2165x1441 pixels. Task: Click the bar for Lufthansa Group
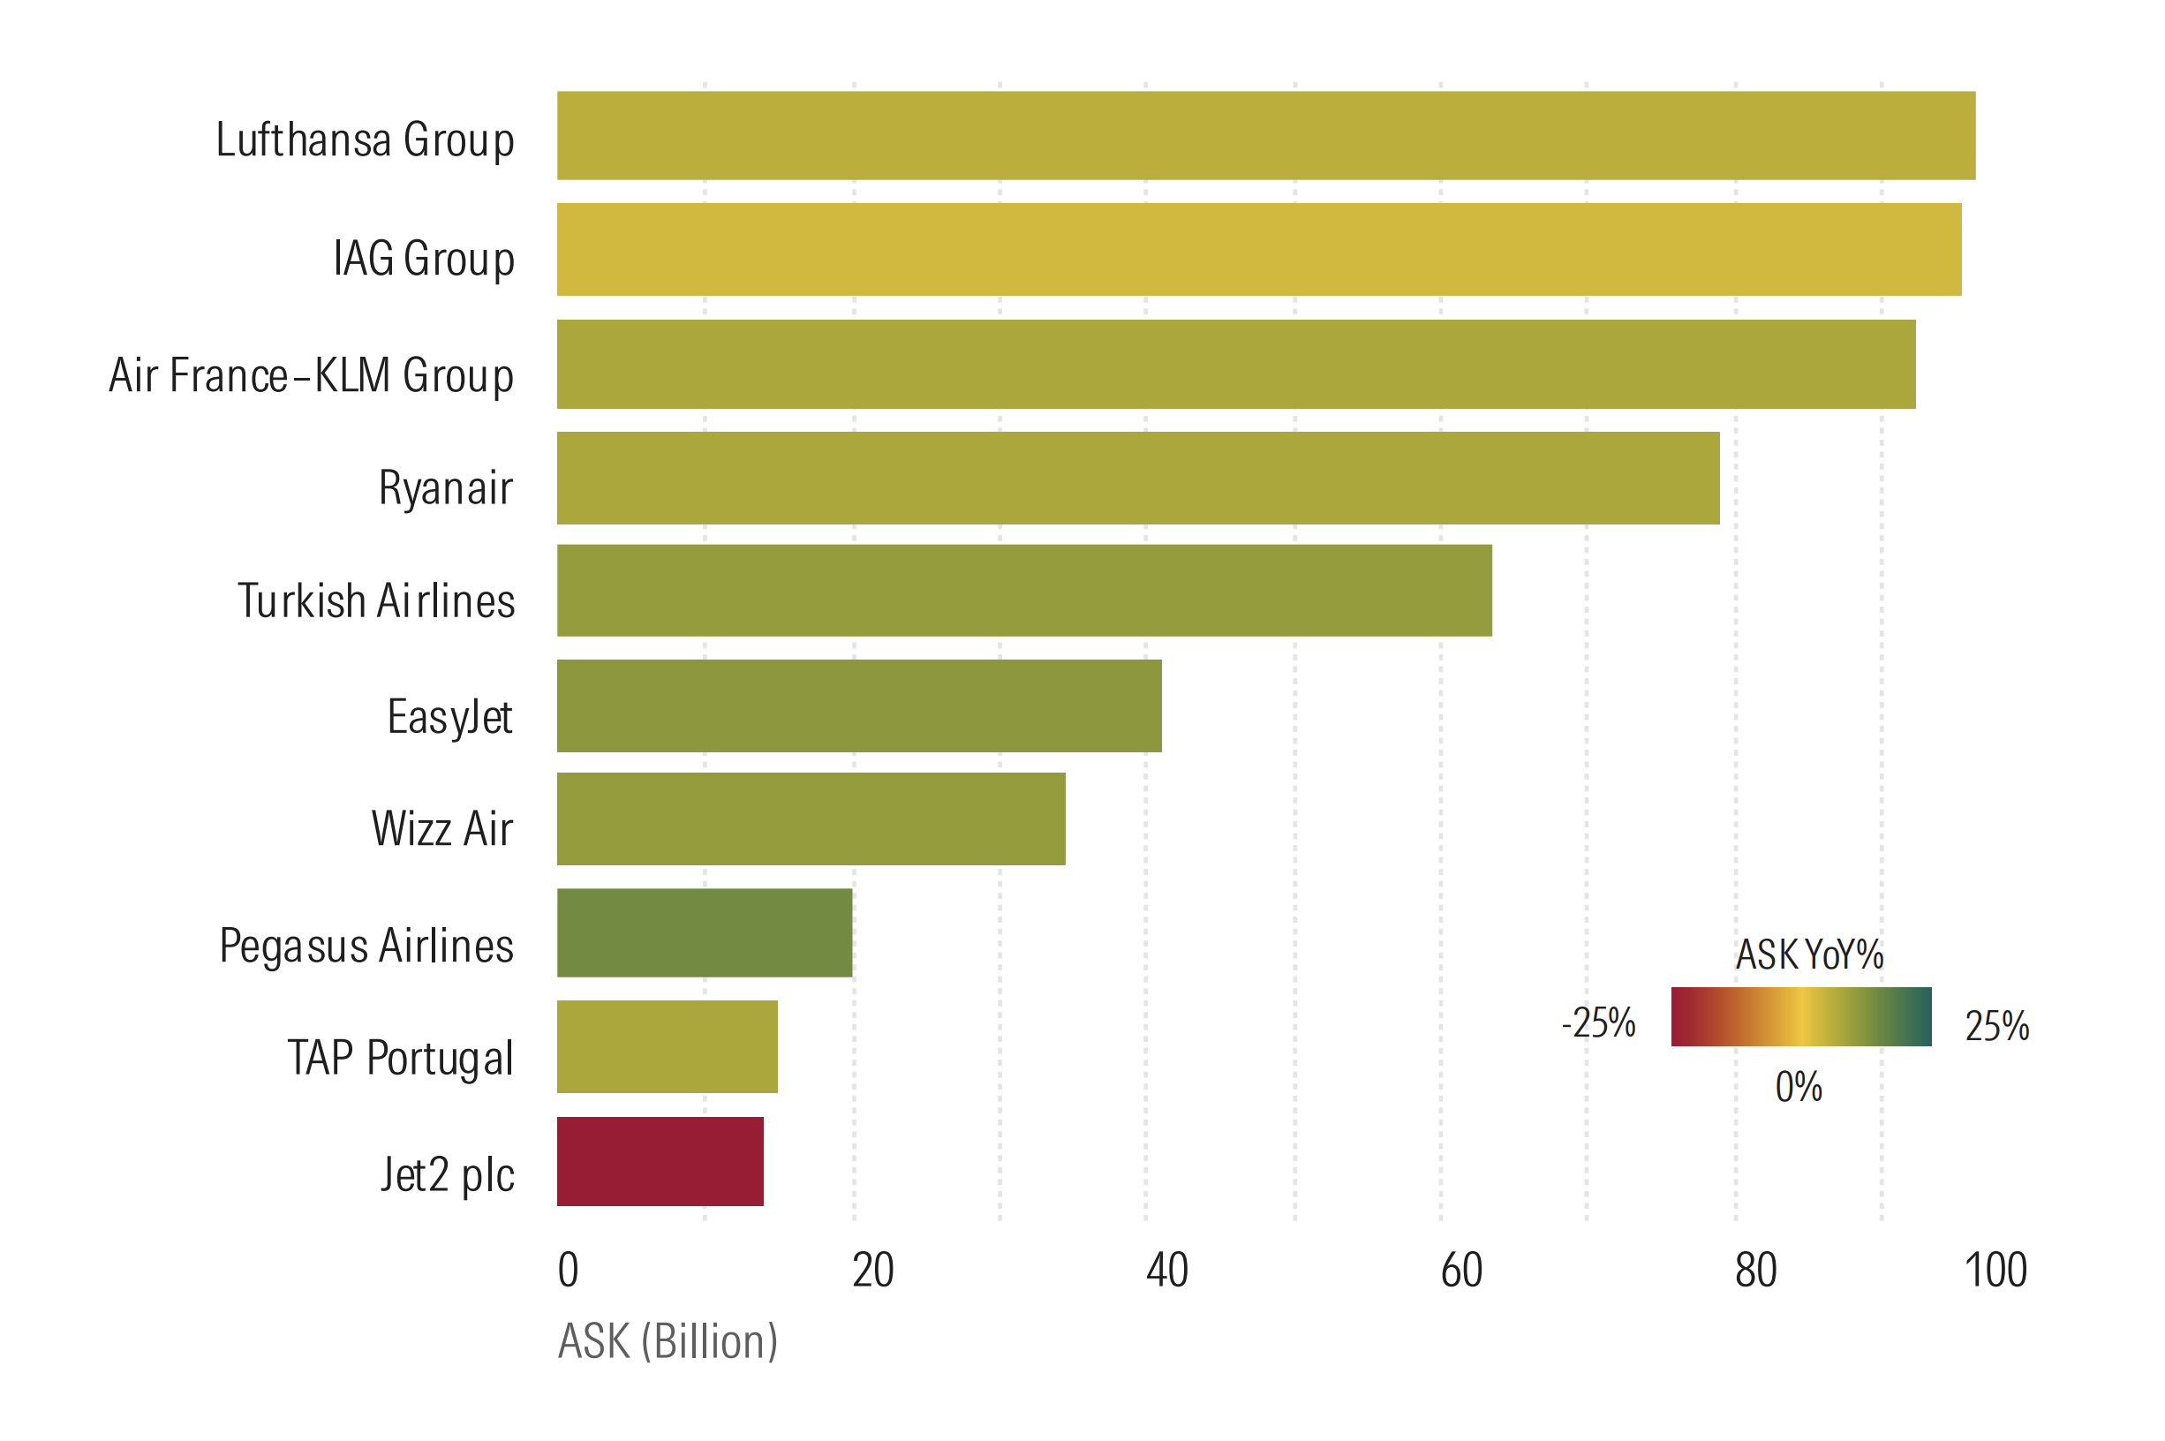1265,135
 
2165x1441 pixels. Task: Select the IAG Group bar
1259,249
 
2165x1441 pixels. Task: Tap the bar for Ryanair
1137,478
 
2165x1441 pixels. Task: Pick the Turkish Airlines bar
1023,590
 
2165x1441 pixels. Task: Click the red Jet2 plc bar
660,1161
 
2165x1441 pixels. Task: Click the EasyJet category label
449,717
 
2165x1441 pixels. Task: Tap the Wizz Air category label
441,828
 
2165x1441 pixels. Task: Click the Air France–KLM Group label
311,375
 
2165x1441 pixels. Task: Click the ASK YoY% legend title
1808,954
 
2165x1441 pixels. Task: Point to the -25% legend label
1599,1022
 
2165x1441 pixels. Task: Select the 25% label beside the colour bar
1997,1026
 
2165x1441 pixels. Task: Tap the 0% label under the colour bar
1799,1087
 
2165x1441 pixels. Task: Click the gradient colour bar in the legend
1801,1016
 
